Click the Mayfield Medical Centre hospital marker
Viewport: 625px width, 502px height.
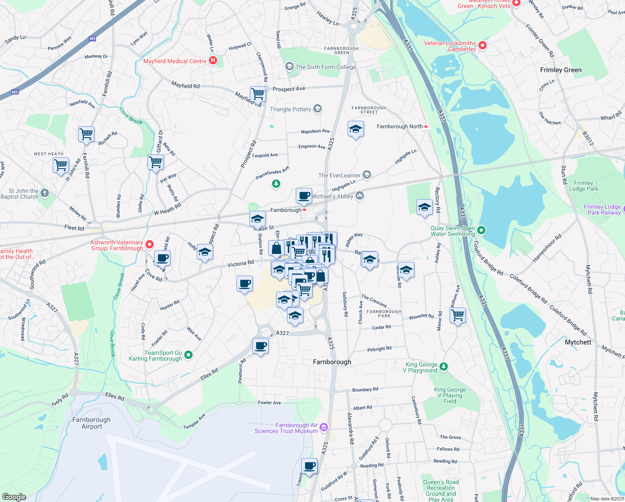pos(213,61)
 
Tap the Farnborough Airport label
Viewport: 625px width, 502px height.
pos(91,423)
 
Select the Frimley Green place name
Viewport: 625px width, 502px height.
pos(561,70)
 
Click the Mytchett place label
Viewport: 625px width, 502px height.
pos(578,342)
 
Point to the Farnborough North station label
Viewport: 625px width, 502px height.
pos(400,126)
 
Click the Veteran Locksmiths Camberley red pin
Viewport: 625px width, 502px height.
pos(483,45)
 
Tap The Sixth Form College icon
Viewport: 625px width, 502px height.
pos(290,67)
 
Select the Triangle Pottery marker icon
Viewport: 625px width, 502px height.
pos(318,109)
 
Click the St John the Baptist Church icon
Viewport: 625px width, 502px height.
pos(45,193)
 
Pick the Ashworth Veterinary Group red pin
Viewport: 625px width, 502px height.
pos(150,244)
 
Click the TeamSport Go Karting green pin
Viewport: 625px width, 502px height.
pos(188,355)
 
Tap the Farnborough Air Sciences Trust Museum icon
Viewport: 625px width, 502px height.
pos(324,428)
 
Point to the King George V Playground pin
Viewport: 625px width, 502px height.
pos(444,366)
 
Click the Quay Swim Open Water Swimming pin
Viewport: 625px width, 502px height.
pos(481,230)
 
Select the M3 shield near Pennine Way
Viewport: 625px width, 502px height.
pos(92,38)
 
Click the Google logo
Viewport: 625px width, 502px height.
pos(14,497)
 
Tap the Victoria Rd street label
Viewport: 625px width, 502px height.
pos(240,264)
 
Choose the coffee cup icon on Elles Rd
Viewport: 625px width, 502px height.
pos(260,346)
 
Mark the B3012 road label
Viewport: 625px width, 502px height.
pos(588,138)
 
